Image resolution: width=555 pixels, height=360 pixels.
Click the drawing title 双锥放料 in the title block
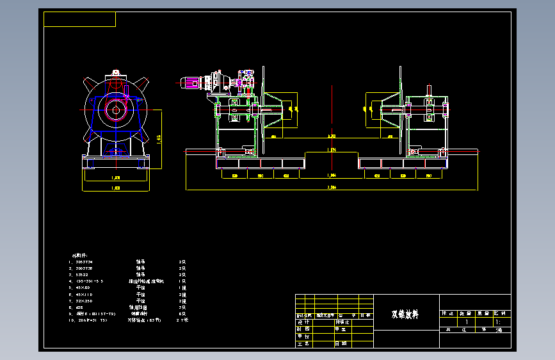point(405,315)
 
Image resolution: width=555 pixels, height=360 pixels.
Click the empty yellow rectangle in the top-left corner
point(79,19)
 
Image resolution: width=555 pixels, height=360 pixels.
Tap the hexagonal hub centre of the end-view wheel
point(117,108)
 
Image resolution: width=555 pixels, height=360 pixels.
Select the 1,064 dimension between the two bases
point(332,175)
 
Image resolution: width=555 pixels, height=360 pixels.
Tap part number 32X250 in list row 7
point(84,300)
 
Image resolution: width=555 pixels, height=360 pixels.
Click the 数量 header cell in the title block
point(465,314)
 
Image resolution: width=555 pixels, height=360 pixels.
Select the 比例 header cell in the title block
point(502,314)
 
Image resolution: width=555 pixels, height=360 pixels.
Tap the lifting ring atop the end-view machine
point(116,71)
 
